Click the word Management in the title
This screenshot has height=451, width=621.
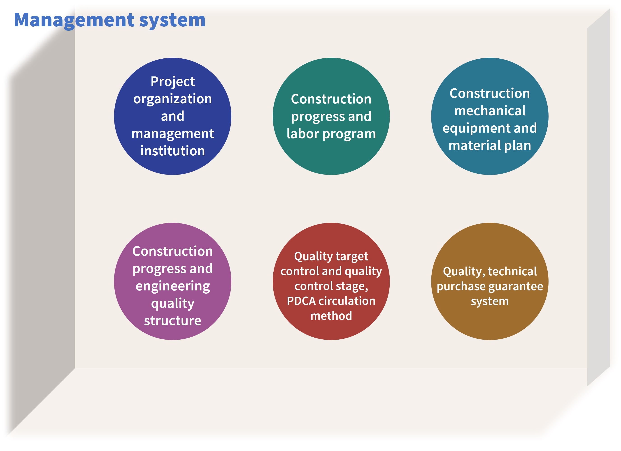pos(74,21)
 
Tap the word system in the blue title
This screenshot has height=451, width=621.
pos(172,21)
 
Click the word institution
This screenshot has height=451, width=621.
pos(173,151)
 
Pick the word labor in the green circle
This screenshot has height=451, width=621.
pos(303,134)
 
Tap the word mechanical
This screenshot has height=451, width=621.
pos(490,111)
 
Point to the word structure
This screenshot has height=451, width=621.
pos(173,321)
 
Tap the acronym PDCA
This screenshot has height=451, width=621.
pos(301,301)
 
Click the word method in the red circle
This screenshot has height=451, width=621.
pos(331,316)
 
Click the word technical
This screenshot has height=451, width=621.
pos(512,272)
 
